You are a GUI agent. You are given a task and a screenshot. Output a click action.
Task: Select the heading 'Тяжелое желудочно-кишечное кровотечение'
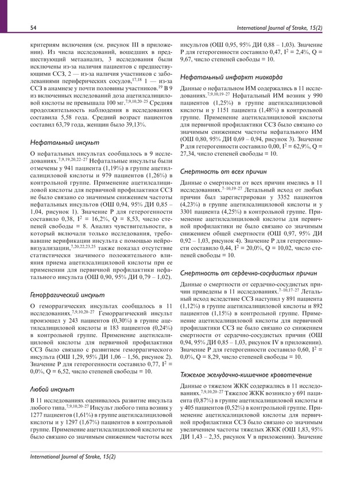[x=248, y=374]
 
